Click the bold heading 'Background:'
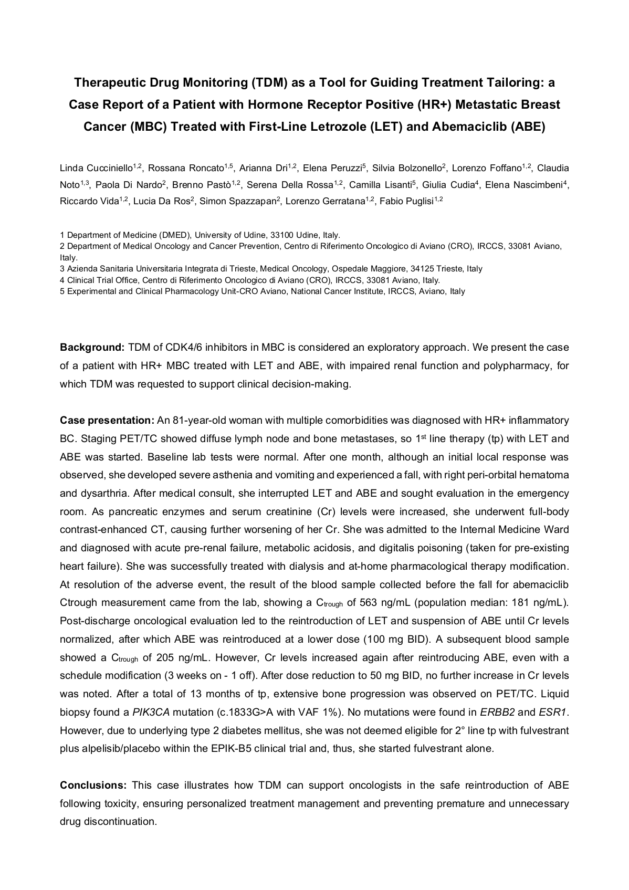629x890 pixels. click(x=92, y=348)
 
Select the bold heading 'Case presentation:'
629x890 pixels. click(x=107, y=421)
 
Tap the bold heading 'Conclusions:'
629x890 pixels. click(x=93, y=786)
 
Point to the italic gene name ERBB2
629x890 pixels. click(x=497, y=713)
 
